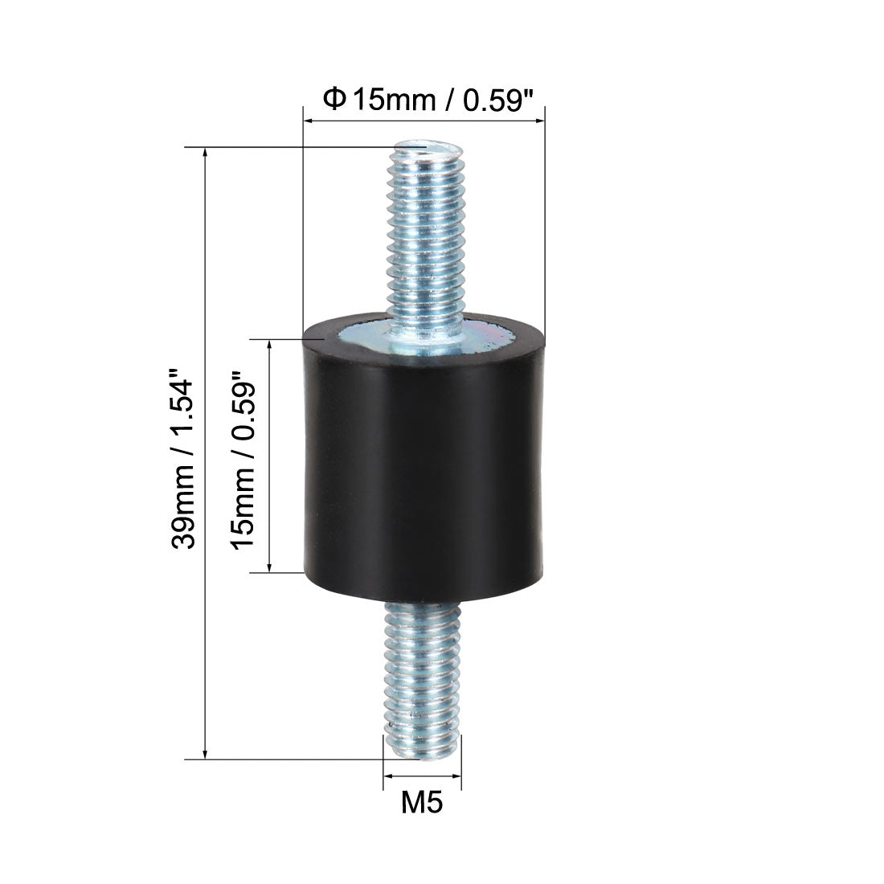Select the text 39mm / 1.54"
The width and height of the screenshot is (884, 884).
click(183, 458)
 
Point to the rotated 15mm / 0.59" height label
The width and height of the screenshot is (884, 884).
click(243, 460)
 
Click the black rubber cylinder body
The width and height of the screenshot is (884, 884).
click(424, 456)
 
